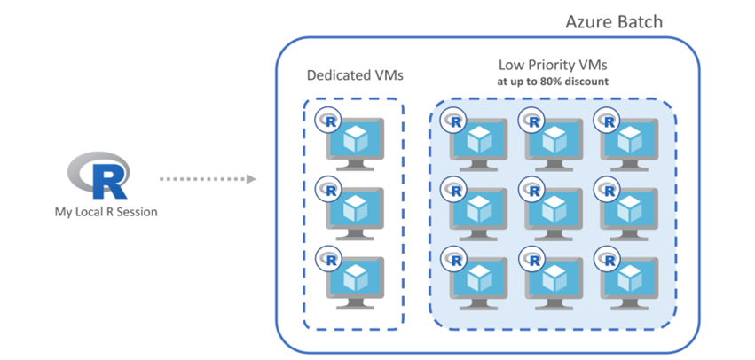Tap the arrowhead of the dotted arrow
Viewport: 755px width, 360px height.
click(251, 179)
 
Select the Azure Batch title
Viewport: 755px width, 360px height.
click(614, 21)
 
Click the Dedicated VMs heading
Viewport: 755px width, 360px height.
click(355, 75)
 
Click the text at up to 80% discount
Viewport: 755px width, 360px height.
click(553, 82)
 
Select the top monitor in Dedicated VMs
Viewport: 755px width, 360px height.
click(355, 140)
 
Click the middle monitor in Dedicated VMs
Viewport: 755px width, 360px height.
click(355, 210)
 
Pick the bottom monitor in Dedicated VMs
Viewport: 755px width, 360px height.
click(355, 279)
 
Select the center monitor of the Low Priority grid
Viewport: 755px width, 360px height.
click(556, 210)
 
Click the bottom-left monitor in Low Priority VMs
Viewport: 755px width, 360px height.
click(479, 279)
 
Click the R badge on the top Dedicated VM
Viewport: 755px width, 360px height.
click(330, 120)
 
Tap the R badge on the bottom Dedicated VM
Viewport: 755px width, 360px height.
click(330, 259)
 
